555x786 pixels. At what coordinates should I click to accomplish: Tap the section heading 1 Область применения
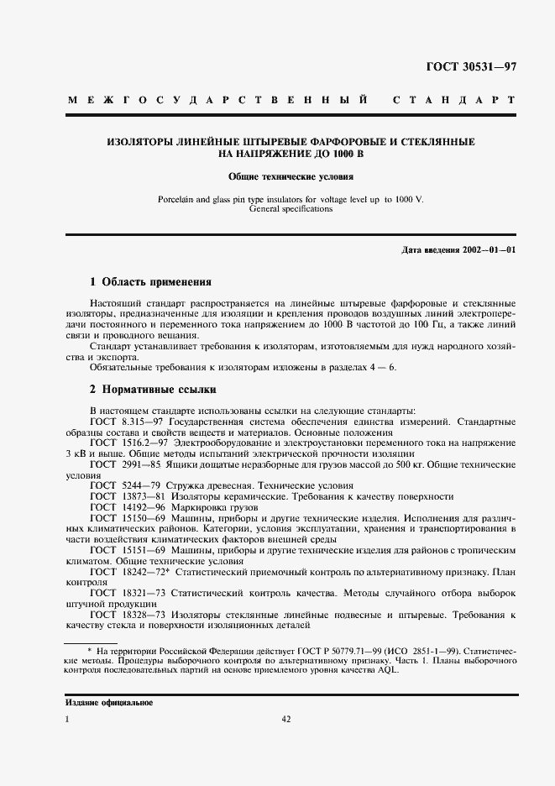pyautogui.click(x=150, y=281)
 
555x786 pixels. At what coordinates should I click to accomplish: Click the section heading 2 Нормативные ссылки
pyautogui.click(x=153, y=389)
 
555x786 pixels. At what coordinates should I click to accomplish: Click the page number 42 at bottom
pyautogui.click(x=285, y=719)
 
